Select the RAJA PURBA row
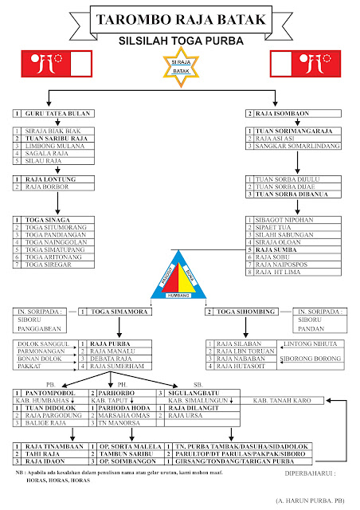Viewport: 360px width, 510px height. tap(111, 343)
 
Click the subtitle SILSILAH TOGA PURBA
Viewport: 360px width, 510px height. tap(180, 38)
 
